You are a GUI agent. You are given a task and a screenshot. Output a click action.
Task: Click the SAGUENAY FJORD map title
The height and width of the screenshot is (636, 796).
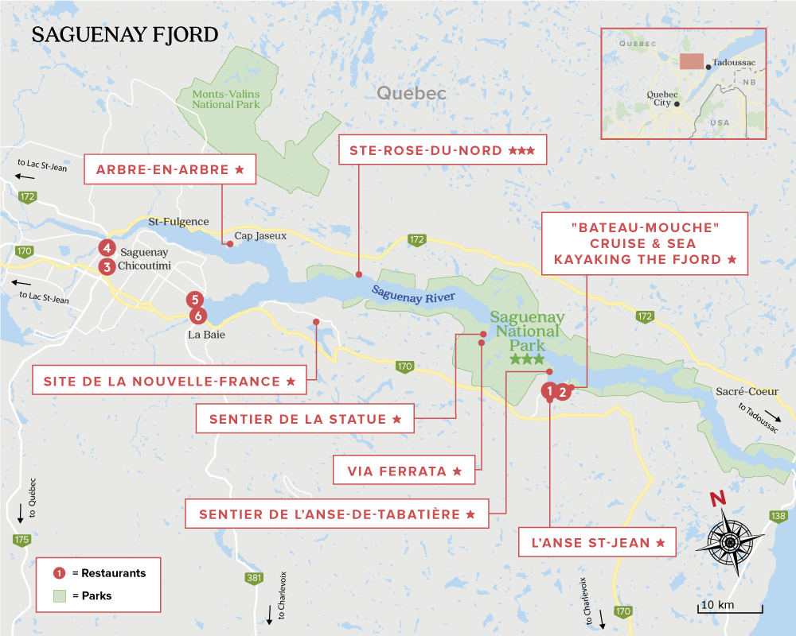(x=123, y=36)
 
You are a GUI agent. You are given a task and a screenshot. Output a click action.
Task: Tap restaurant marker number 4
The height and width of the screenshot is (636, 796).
(x=107, y=247)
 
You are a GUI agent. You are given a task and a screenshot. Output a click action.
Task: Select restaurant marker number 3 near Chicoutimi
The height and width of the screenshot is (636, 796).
(x=107, y=267)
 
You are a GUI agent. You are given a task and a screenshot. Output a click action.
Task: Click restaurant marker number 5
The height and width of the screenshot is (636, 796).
(x=194, y=300)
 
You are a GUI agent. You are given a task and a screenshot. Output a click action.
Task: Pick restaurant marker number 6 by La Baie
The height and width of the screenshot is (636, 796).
(x=197, y=316)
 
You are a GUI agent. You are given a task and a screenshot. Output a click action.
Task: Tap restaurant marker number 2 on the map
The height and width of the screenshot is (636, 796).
(x=563, y=391)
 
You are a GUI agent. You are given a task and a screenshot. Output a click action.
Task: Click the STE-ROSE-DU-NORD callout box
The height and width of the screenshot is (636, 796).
(x=443, y=150)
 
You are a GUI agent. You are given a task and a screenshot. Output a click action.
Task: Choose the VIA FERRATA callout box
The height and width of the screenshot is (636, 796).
(x=404, y=471)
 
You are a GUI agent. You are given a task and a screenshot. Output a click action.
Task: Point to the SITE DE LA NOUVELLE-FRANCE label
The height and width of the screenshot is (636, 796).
(x=170, y=381)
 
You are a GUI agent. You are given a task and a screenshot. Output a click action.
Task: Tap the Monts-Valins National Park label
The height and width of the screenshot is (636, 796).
(x=226, y=99)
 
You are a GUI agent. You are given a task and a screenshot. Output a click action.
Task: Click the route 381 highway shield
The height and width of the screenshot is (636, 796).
(x=254, y=578)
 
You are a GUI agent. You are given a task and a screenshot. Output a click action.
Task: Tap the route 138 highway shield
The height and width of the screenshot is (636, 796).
(x=778, y=516)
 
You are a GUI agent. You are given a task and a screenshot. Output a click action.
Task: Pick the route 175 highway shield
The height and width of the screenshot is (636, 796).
(x=21, y=540)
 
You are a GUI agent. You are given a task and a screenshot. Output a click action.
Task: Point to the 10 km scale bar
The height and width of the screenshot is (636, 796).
(x=732, y=607)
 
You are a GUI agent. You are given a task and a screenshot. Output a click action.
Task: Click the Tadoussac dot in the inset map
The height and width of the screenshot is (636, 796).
(x=708, y=68)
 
